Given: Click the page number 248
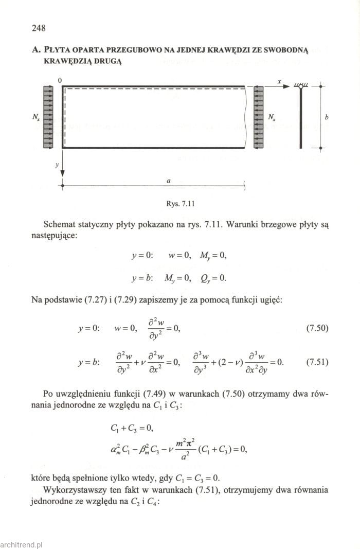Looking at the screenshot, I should pos(39,28).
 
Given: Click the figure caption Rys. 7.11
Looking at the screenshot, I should pos(179,203).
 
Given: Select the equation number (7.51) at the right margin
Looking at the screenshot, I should pos(317,362).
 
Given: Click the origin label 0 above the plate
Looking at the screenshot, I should pos(60,80).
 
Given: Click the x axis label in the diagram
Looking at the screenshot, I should pos(279,81).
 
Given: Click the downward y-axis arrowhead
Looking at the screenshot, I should pos(63,173).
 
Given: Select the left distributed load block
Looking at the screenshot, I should pos(48,117).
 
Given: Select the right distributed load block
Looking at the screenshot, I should pos(259,117).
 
